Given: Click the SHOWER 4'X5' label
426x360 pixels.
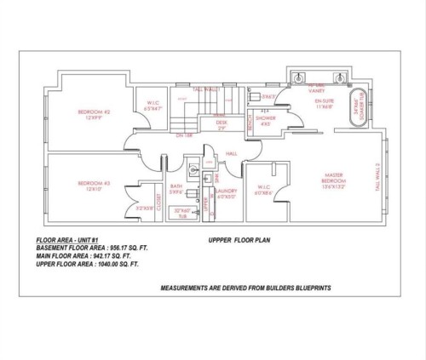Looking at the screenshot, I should (265, 122).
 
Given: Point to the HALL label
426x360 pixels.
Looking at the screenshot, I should (230, 154).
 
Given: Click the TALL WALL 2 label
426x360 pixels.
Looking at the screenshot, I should (377, 179).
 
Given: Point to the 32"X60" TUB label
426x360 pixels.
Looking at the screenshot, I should (182, 212).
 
